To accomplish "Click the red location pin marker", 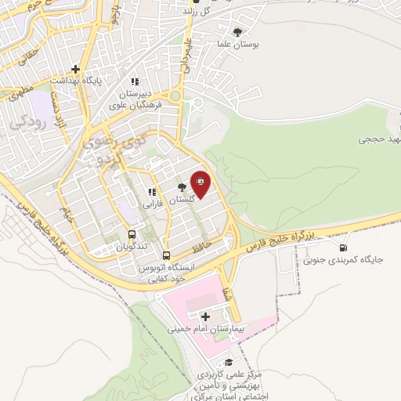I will (200, 184).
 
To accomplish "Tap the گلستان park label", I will (181, 200).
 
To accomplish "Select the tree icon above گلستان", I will (182, 187).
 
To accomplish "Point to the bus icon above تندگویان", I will (131, 234).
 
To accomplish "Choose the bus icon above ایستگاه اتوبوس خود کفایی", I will (166, 255).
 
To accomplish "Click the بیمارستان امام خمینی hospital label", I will (205, 330).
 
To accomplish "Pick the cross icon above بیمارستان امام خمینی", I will (205, 317).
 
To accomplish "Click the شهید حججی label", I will (379, 139).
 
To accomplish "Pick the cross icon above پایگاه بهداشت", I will (75, 68).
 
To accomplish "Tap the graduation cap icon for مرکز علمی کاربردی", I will (229, 362).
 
